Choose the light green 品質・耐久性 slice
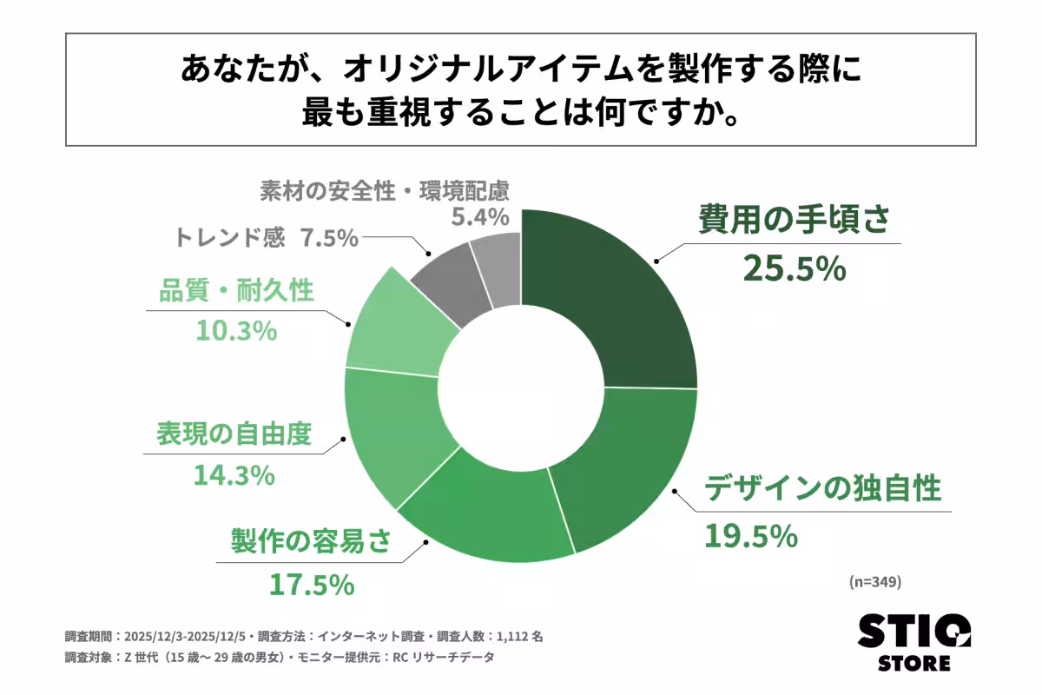[x=399, y=326]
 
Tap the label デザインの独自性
[x=822, y=489]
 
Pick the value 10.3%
[x=234, y=330]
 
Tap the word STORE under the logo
[x=914, y=664]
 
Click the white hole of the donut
[x=521, y=387]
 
